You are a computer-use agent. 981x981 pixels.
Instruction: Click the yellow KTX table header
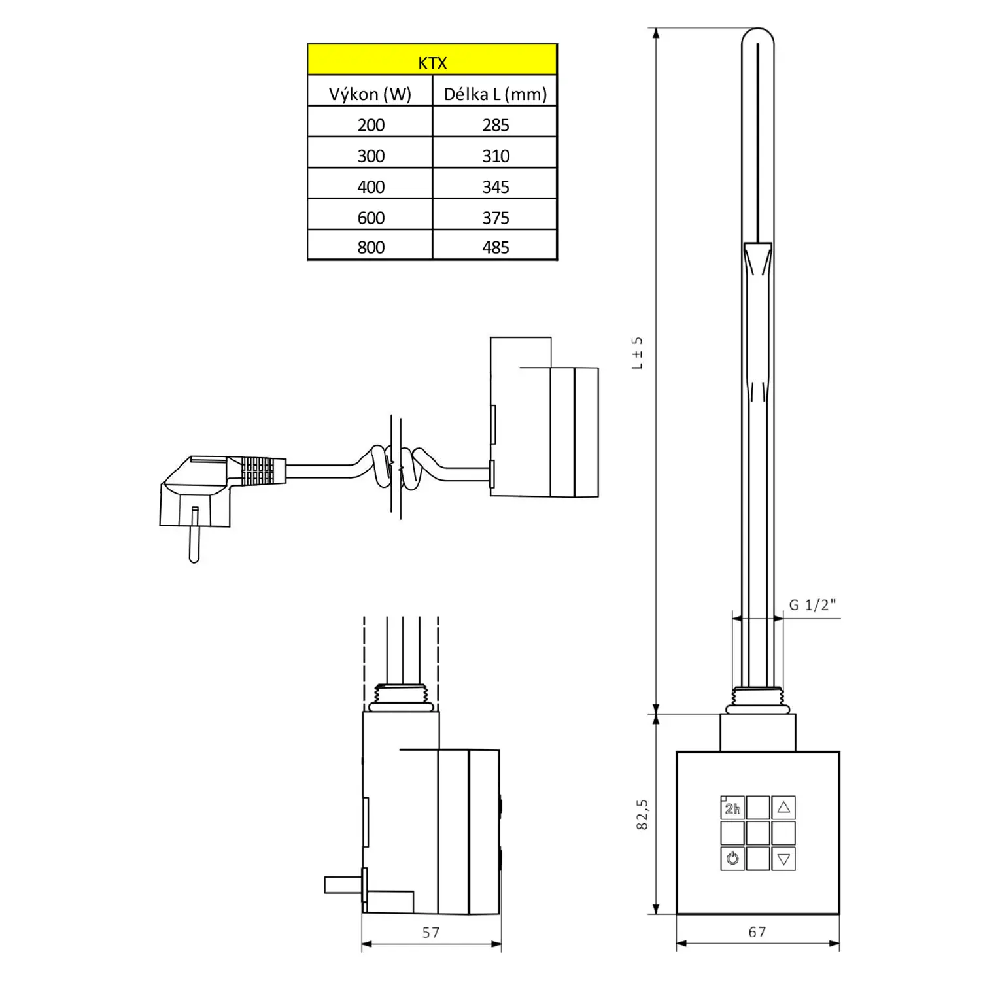tap(432, 60)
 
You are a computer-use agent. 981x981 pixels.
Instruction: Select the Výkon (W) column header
tap(370, 94)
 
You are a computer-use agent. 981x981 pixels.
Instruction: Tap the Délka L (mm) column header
tap(495, 94)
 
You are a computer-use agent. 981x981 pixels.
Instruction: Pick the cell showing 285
tap(495, 124)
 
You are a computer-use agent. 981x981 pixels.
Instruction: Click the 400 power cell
tap(370, 186)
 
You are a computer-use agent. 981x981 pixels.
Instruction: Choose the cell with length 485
tap(495, 247)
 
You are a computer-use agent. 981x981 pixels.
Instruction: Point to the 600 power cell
tap(370, 217)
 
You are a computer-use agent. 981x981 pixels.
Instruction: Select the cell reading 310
tap(495, 156)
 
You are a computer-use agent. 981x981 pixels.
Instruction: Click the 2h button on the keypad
tap(732, 808)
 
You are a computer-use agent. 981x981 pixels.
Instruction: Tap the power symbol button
tap(732, 858)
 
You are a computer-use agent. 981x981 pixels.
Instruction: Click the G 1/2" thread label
tap(812, 605)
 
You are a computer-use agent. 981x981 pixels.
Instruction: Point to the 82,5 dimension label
tap(642, 814)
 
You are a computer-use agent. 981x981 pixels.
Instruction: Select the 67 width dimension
tap(757, 932)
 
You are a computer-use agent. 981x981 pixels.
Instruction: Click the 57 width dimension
tap(431, 933)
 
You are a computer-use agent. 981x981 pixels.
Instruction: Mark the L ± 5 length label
tap(637, 353)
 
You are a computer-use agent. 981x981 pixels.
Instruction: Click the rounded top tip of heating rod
tap(758, 34)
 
